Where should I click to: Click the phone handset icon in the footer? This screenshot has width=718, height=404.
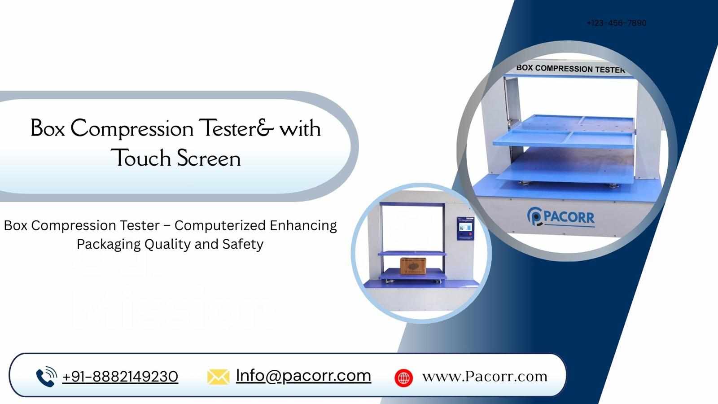(x=46, y=377)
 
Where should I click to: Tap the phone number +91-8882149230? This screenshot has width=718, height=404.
(x=120, y=377)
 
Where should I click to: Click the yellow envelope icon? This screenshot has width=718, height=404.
(x=218, y=377)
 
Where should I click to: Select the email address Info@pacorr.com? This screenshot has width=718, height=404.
(x=303, y=375)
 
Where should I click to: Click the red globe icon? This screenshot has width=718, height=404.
(x=403, y=378)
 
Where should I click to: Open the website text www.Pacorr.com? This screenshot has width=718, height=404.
(x=485, y=376)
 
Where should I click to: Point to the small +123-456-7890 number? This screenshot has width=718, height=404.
(x=616, y=23)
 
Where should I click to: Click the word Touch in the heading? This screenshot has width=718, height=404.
(x=141, y=158)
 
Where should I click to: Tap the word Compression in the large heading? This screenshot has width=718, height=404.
(x=132, y=129)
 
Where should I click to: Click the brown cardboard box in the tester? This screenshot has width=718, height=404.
(x=413, y=265)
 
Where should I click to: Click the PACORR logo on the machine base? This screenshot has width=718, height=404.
(x=561, y=217)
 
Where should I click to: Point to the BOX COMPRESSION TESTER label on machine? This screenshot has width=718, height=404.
(x=570, y=69)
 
